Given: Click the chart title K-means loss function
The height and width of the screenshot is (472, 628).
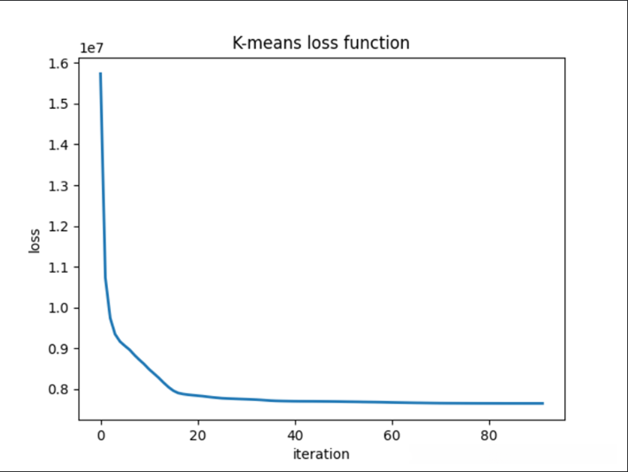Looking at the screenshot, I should click(321, 43).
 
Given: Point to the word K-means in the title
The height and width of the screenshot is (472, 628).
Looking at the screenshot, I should click(267, 43).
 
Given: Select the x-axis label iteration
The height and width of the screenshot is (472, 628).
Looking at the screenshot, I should click(321, 454).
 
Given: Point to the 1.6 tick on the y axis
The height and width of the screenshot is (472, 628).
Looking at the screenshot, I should click(58, 63).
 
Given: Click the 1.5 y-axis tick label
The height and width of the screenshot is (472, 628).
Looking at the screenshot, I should click(58, 104).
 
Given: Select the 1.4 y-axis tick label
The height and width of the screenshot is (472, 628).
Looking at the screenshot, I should click(58, 144).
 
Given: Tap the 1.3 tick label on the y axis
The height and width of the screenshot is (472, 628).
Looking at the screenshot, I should click(58, 185).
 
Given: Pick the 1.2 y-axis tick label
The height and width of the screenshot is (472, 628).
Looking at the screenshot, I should click(58, 226).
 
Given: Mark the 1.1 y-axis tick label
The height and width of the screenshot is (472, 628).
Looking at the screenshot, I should click(58, 267).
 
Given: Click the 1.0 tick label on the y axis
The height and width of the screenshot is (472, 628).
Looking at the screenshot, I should click(58, 307).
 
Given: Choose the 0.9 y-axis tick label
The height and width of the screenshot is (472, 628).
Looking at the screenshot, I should click(58, 348).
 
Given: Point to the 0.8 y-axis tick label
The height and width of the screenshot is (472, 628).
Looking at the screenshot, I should click(58, 389).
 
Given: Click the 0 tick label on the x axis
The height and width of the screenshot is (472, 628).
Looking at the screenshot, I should click(101, 435).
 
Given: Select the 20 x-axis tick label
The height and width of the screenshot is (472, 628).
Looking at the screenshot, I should click(198, 435).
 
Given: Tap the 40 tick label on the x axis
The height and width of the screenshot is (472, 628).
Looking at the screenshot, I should click(294, 435).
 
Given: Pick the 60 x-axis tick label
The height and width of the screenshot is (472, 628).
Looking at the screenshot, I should click(391, 435).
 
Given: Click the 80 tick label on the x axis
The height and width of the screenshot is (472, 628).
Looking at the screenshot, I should click(487, 435).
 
